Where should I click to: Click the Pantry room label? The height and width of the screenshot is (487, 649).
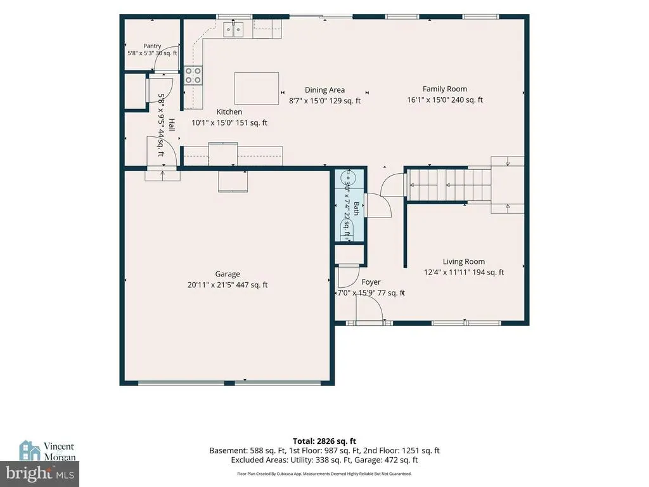[x=152, y=46]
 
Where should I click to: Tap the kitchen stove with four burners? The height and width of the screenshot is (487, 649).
[x=193, y=75]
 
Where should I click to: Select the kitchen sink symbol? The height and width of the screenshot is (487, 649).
[x=233, y=29]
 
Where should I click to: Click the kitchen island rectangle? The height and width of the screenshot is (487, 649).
[x=257, y=89]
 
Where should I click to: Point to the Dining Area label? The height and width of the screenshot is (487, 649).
[x=324, y=90]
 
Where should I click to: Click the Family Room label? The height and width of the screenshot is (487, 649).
[x=445, y=89]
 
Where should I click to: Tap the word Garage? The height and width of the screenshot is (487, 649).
[x=228, y=274]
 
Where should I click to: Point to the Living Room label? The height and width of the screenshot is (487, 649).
[x=463, y=261]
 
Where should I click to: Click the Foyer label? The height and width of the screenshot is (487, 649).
[x=371, y=282]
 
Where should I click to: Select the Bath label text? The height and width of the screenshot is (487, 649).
[x=356, y=209]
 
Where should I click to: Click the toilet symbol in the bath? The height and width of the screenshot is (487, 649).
[x=348, y=228]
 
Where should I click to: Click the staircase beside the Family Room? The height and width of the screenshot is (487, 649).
[x=466, y=185]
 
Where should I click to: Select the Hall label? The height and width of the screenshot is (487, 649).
[x=171, y=125]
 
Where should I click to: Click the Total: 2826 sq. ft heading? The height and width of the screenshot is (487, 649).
[x=324, y=441]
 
